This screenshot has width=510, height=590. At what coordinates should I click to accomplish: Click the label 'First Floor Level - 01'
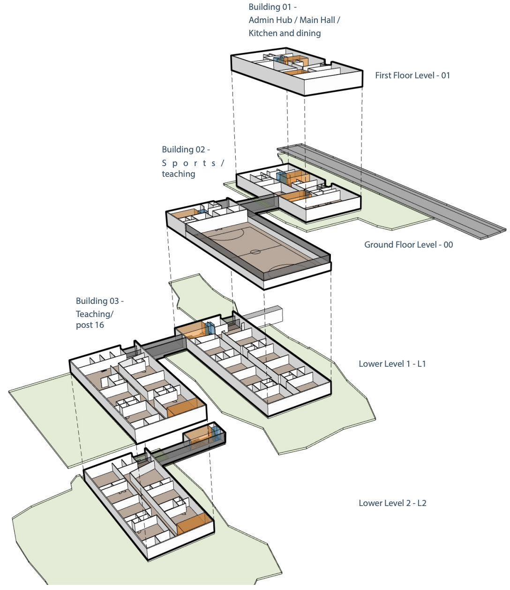[412, 76]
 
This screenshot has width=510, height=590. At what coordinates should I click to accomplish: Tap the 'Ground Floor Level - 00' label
[408, 245]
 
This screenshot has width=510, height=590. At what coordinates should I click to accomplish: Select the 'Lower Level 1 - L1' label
[392, 364]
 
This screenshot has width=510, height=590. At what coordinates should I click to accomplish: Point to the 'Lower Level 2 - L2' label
[392, 503]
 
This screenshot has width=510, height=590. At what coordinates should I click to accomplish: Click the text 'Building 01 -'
[272, 7]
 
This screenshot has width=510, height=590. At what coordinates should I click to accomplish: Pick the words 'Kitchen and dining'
[285, 33]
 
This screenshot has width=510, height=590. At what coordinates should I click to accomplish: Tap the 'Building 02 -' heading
[186, 150]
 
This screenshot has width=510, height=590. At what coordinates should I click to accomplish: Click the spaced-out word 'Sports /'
[193, 163]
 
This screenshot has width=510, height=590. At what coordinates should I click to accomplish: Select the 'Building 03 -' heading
[100, 301]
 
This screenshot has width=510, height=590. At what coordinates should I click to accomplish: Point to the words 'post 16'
[90, 325]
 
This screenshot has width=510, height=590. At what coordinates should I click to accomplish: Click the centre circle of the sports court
[255, 252]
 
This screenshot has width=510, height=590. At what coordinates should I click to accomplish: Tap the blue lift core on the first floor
[279, 60]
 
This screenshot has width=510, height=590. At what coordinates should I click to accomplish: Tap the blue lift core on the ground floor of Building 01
[281, 177]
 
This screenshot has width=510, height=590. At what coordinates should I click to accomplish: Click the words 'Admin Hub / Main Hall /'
[294, 20]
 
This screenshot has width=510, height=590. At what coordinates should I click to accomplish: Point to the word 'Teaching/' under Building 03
[95, 314]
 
